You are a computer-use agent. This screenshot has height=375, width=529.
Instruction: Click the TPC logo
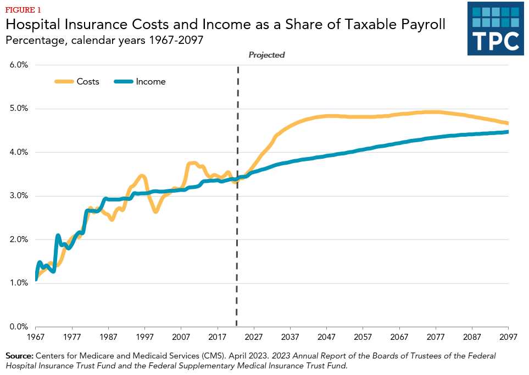495,28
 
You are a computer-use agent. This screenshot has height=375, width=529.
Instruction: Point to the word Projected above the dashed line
266,55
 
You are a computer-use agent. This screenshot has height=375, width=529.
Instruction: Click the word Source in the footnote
19,356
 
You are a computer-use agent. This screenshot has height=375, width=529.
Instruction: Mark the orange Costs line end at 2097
508,123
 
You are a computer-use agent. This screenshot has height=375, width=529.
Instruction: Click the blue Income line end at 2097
508,132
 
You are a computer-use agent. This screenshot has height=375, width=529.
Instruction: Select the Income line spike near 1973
58,236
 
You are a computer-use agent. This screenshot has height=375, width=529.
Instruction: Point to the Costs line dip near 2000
156,211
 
